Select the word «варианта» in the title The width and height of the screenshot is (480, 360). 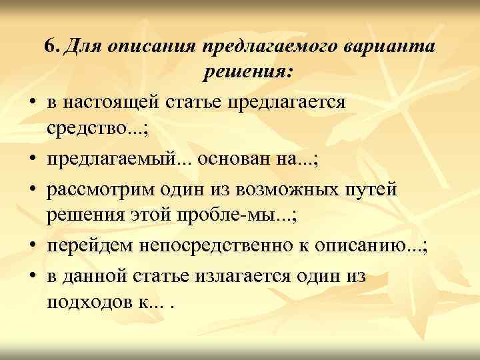pyautogui.click(x=391, y=47)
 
